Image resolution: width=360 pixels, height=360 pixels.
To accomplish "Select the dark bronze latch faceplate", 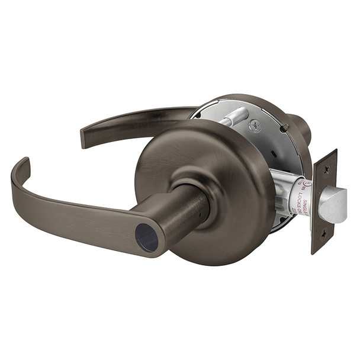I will click(x=323, y=201).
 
